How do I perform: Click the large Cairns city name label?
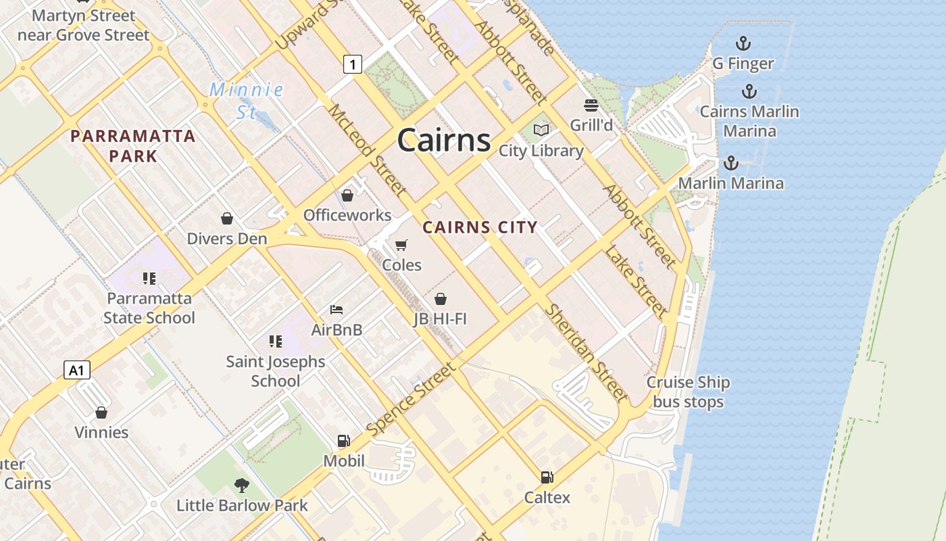(x=444, y=140)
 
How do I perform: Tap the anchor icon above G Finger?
(x=743, y=44)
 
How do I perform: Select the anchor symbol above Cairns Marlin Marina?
(x=749, y=91)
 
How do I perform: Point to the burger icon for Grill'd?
(x=591, y=105)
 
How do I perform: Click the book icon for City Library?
(x=541, y=130)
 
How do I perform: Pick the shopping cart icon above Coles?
(x=401, y=244)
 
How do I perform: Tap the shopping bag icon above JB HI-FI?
(x=441, y=298)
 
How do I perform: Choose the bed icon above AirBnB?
(x=337, y=310)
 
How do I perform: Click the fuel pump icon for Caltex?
(x=547, y=477)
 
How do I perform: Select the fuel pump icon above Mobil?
(x=344, y=441)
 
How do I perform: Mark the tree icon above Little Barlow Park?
(x=241, y=485)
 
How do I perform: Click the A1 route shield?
(x=77, y=370)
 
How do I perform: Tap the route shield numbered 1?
(x=353, y=64)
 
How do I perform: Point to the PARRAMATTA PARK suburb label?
(x=133, y=146)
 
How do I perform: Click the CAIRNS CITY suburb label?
(x=480, y=227)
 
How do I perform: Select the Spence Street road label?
(x=412, y=399)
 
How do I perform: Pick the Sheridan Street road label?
(x=587, y=352)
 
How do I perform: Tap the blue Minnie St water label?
(x=246, y=100)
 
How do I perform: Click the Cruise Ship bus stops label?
(x=688, y=392)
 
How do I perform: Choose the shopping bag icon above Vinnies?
(x=101, y=412)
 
